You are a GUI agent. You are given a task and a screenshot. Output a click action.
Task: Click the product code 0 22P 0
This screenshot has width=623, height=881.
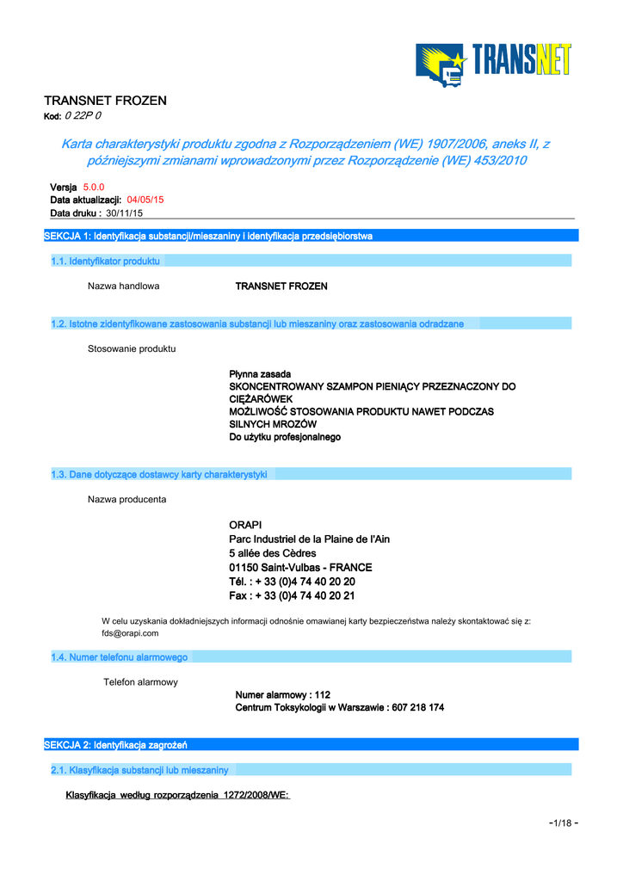click(83, 116)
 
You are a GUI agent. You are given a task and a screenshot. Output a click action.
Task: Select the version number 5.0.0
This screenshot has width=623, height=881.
click(94, 187)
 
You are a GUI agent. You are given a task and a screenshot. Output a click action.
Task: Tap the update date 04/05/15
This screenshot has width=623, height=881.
click(145, 200)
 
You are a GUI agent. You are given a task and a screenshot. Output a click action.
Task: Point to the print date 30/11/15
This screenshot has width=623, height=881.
click(124, 213)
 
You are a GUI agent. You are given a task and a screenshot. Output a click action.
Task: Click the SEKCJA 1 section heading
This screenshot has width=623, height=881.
click(208, 236)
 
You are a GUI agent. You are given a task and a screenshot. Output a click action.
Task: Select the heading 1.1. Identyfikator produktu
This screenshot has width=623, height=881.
click(106, 261)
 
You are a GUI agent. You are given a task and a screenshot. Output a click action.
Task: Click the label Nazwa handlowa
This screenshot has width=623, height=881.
click(123, 286)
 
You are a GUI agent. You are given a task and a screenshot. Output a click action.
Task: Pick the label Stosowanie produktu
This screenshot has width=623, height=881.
click(132, 348)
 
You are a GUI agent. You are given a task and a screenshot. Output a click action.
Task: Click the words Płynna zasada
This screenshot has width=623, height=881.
click(260, 374)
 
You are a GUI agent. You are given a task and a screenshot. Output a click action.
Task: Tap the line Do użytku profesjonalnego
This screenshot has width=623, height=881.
click(285, 437)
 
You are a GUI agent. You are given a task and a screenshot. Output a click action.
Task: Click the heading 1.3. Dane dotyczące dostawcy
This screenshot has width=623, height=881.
click(159, 474)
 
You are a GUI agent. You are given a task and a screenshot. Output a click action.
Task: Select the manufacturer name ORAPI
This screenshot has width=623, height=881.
click(245, 525)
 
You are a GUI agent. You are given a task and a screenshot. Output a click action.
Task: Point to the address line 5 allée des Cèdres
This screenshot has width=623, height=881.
click(273, 553)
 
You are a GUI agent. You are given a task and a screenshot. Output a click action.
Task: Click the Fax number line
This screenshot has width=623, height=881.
click(292, 595)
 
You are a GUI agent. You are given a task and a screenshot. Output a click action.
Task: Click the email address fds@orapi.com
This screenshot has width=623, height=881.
click(130, 633)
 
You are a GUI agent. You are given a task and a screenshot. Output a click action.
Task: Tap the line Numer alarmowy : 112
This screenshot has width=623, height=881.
click(283, 694)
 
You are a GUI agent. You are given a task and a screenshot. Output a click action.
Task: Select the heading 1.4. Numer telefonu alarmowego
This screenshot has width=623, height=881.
click(120, 657)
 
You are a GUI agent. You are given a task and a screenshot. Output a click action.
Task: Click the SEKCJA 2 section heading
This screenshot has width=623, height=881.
click(116, 744)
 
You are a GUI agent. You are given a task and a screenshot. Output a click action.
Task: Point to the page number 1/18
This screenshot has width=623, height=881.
click(563, 823)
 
